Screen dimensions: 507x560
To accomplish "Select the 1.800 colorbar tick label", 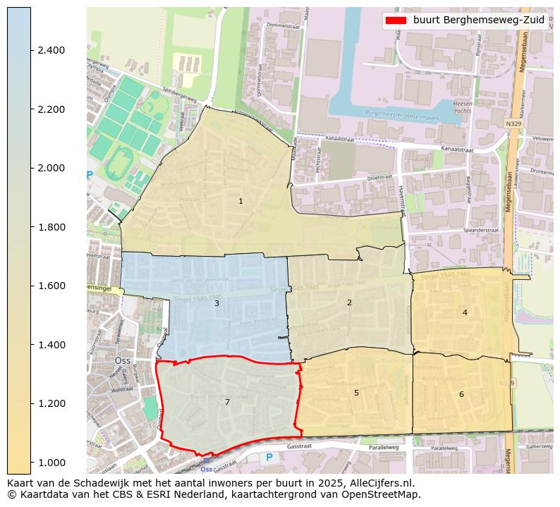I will [51, 227].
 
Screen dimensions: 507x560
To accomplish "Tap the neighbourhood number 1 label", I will [241, 202].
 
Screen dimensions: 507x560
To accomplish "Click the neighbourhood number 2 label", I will [349, 303].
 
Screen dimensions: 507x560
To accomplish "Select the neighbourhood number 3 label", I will [217, 303].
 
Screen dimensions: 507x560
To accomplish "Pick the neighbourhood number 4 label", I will [465, 312].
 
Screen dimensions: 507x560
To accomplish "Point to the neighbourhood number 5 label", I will [356, 393].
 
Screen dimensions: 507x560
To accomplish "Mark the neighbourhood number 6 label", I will [461, 394].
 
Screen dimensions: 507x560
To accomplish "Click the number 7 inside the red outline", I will [227, 402].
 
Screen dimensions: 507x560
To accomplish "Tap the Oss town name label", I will [122, 360].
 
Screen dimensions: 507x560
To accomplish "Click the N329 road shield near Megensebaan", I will [514, 123].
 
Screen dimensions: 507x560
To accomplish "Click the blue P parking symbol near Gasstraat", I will [269, 458].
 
